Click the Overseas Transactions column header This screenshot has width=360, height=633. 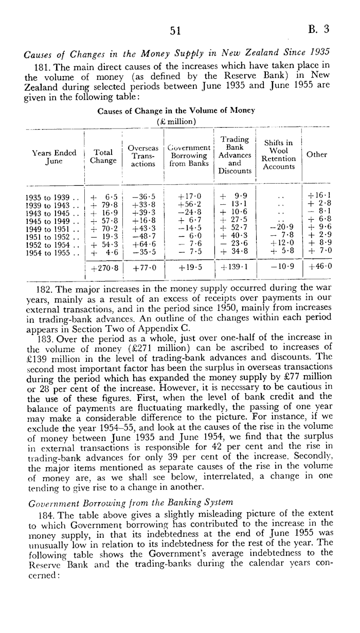pyautogui.click(x=143, y=155)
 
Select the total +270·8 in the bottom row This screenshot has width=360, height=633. pyautogui.click(x=104, y=268)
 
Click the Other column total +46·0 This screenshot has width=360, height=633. pyautogui.click(x=319, y=267)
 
